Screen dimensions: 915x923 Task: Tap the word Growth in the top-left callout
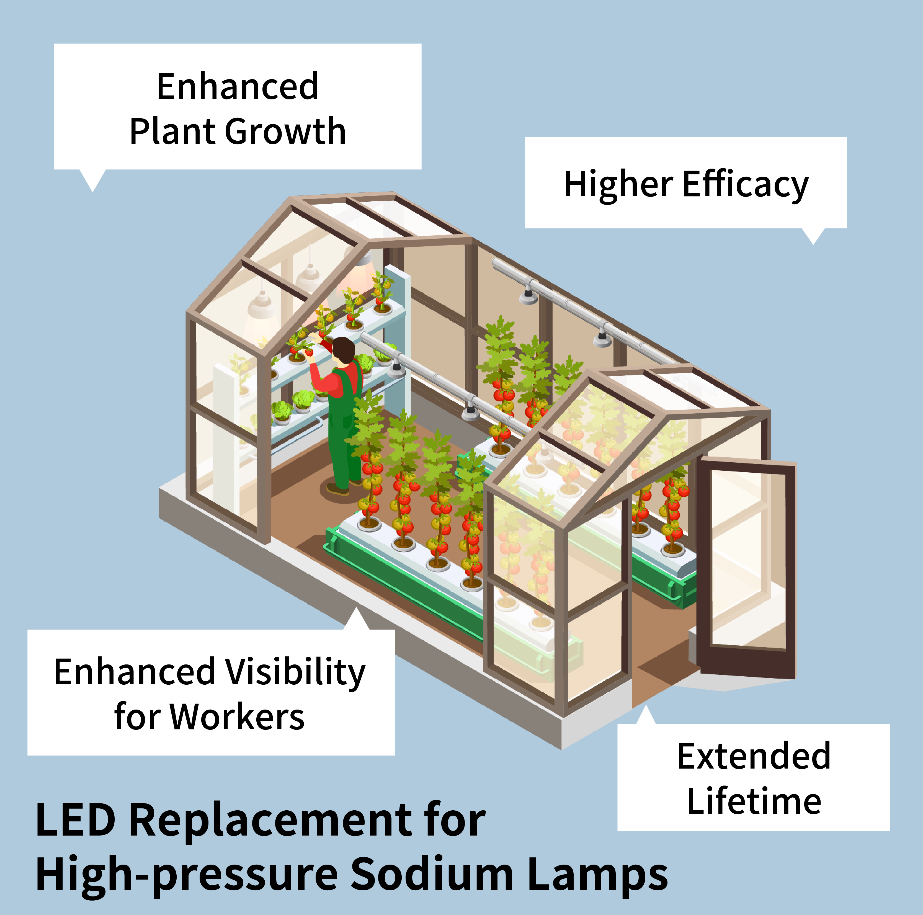(x=285, y=132)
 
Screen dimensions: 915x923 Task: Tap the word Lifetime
(x=754, y=801)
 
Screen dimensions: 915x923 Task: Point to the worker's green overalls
(x=343, y=430)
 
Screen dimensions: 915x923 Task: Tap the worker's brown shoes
(x=338, y=488)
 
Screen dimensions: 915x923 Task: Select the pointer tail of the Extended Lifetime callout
(x=646, y=716)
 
